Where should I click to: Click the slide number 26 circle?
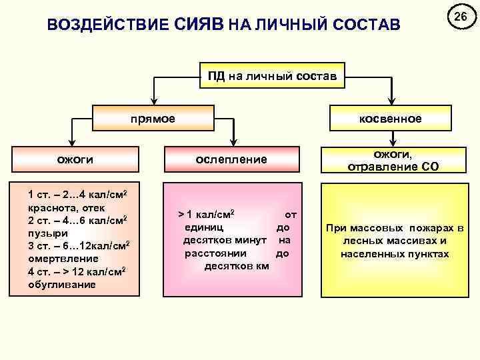tap(459, 15)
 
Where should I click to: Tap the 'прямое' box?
tap(153, 119)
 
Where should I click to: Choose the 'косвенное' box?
tap(390, 119)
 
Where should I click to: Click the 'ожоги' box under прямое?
tap(74, 159)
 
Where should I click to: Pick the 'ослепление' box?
tap(231, 159)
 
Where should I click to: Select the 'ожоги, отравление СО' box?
tap(393, 160)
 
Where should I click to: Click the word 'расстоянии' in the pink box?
tap(215, 253)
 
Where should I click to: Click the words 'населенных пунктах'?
tap(395, 254)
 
